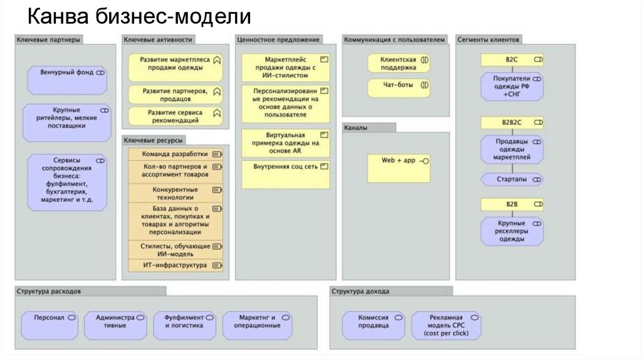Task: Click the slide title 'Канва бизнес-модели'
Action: pyautogui.click(x=140, y=17)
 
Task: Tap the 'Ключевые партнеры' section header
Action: pyautogui.click(x=49, y=40)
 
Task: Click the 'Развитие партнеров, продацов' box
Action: pyautogui.click(x=175, y=95)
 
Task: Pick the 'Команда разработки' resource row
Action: pyautogui.click(x=175, y=154)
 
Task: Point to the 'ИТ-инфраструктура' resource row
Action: pyautogui.click(x=175, y=265)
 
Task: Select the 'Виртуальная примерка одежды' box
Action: pyautogui.click(x=285, y=142)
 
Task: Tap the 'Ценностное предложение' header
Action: pyautogui.click(x=278, y=40)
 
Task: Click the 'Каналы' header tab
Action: pyautogui.click(x=369, y=127)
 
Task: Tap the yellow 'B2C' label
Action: pyautogui.click(x=512, y=59)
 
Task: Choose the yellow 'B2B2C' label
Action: pyautogui.click(x=512, y=122)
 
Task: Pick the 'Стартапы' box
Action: pyautogui.click(x=512, y=179)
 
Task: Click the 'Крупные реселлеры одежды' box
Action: pyautogui.click(x=512, y=231)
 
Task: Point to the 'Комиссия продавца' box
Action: pyautogui.click(x=373, y=322)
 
